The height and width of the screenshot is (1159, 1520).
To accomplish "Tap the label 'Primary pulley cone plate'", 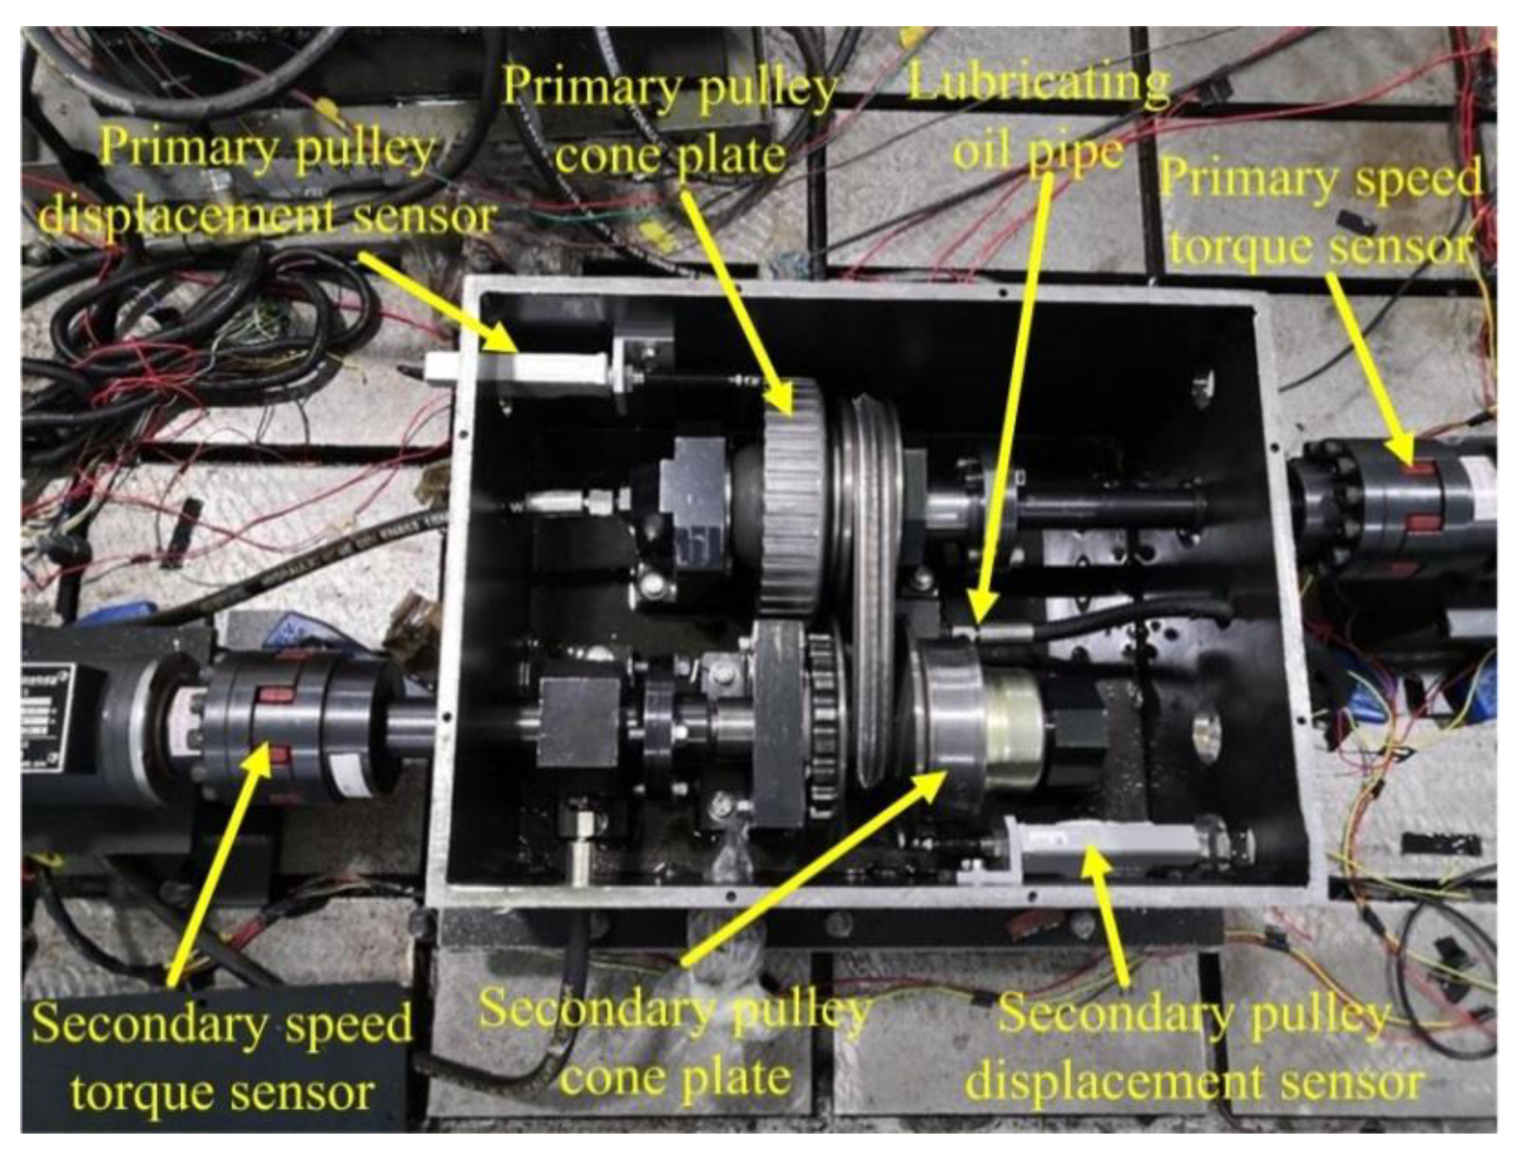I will pyautogui.click(x=670, y=121).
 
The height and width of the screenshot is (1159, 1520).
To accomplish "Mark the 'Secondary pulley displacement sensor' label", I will pyautogui.click(x=1194, y=1048).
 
